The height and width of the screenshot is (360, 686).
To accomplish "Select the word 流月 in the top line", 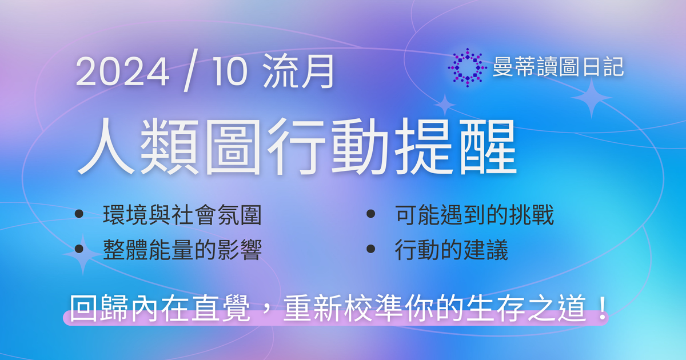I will tap(299, 74).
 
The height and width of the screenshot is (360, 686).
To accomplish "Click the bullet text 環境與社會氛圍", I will tap(182, 215).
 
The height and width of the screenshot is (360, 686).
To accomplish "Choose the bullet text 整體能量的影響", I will tap(182, 250).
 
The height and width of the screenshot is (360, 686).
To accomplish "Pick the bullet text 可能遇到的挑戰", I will tap(474, 215).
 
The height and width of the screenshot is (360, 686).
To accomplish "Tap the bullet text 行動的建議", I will tap(451, 250).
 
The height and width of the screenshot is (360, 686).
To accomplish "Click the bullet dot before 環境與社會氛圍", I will tap(79, 215).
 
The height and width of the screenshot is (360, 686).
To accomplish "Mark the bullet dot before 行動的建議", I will tap(371, 249).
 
